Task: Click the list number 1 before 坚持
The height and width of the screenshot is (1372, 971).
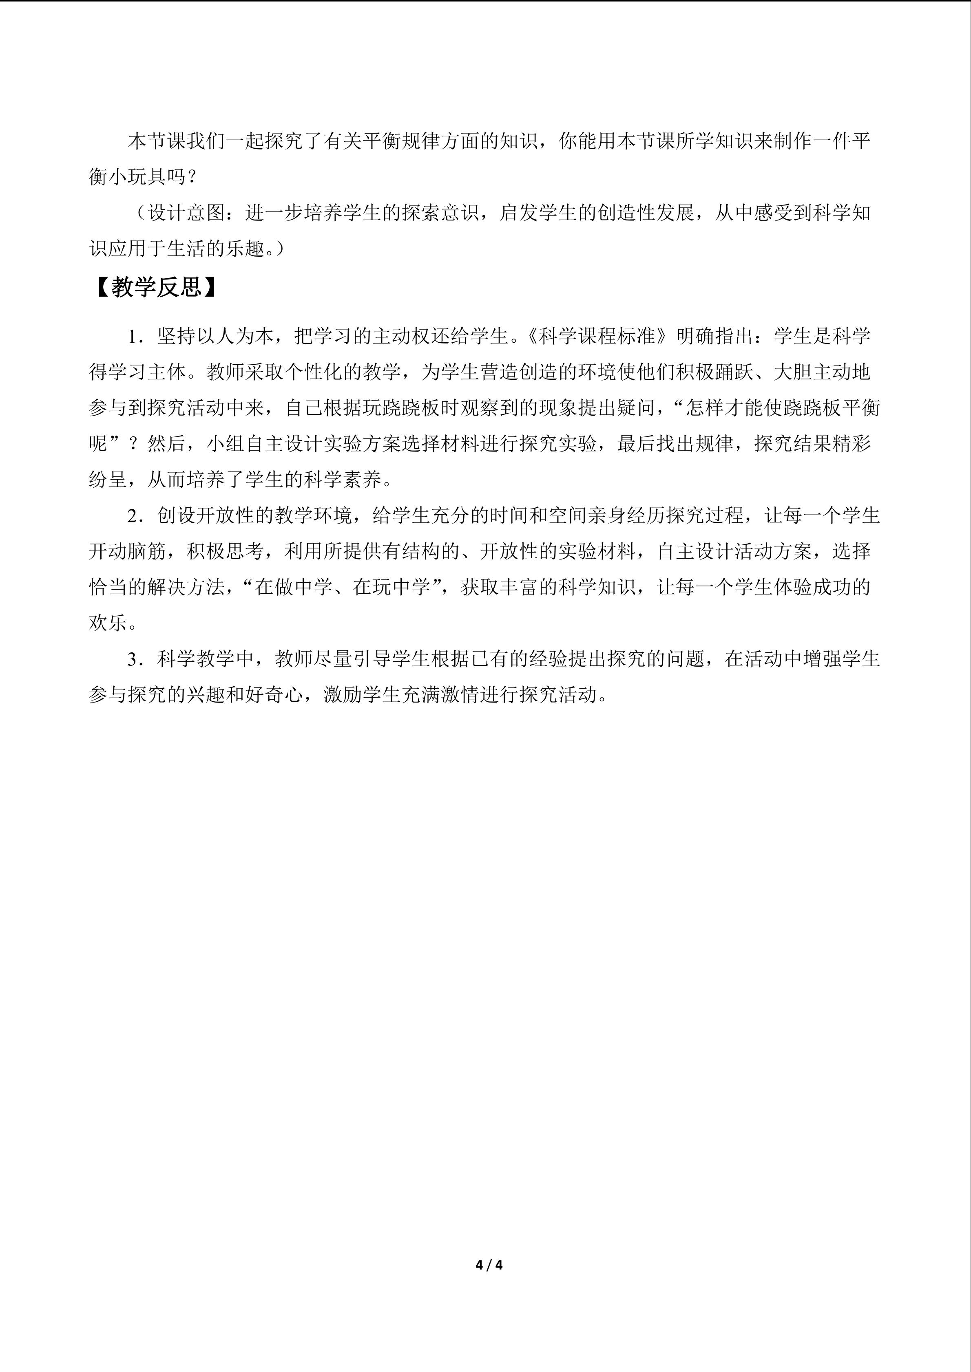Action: click(x=133, y=337)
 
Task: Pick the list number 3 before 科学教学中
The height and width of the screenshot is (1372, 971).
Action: click(x=133, y=659)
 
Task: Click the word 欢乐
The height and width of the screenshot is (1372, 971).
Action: click(x=108, y=623)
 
